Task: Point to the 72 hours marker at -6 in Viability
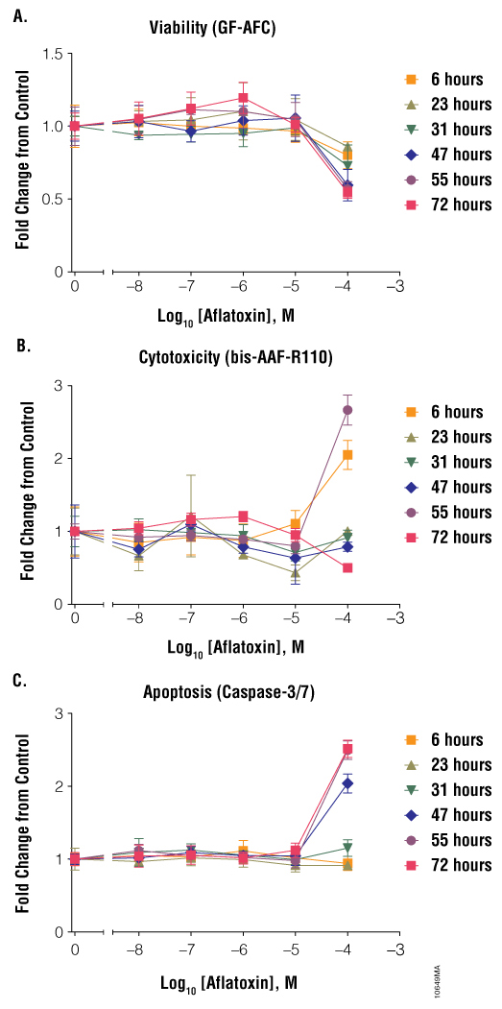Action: [x=243, y=98]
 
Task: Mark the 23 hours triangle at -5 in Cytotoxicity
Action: [x=296, y=573]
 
